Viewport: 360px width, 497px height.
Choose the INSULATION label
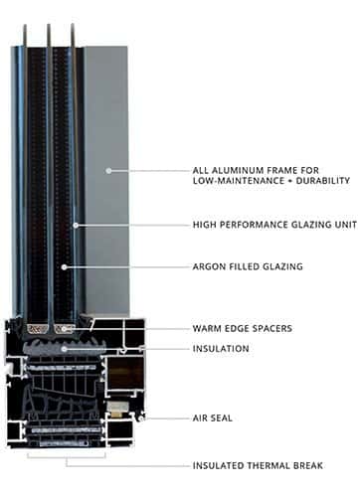pyautogui.click(x=221, y=349)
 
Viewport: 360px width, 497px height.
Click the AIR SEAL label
pyautogui.click(x=214, y=417)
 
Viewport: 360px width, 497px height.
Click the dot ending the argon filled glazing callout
pyautogui.click(x=66, y=267)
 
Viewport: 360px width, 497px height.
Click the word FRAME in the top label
pyautogui.click(x=283, y=168)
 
